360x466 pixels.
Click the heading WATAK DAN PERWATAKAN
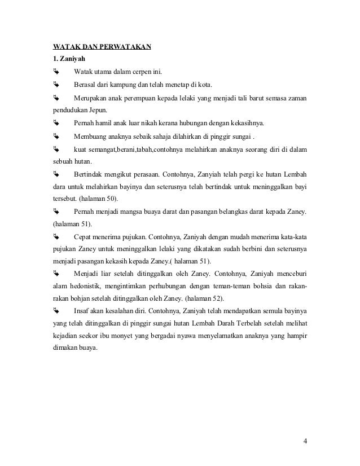point(101,46)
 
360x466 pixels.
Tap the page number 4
point(305,441)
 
